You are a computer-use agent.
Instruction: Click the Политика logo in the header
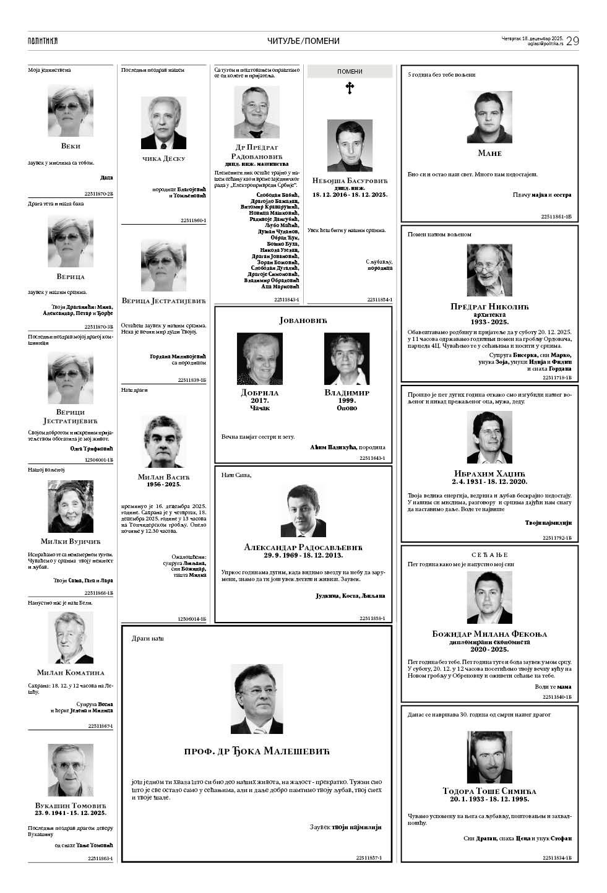click(x=43, y=41)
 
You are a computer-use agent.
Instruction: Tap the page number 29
click(x=572, y=41)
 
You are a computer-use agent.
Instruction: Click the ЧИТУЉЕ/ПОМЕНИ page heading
click(x=303, y=41)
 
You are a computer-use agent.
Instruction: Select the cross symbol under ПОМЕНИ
click(x=350, y=88)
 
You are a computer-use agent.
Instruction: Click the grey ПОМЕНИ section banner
click(x=350, y=72)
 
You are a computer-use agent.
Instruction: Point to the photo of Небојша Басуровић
click(x=350, y=145)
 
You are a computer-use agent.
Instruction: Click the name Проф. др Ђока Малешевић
click(x=257, y=751)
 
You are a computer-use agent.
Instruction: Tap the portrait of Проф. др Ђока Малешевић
click(x=257, y=699)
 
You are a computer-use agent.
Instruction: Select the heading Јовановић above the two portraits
click(x=303, y=320)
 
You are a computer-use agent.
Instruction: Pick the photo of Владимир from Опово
click(x=347, y=359)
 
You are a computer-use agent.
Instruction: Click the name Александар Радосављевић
click(x=303, y=547)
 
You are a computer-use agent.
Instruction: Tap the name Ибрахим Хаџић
click(x=489, y=473)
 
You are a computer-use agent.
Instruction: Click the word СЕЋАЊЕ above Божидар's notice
click(x=489, y=554)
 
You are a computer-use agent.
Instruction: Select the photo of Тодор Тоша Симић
click(x=489, y=757)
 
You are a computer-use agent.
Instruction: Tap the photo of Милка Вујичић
click(x=71, y=506)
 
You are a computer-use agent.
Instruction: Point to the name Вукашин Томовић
click(x=71, y=805)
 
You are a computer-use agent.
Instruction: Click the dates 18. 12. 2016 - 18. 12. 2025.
click(x=350, y=195)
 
